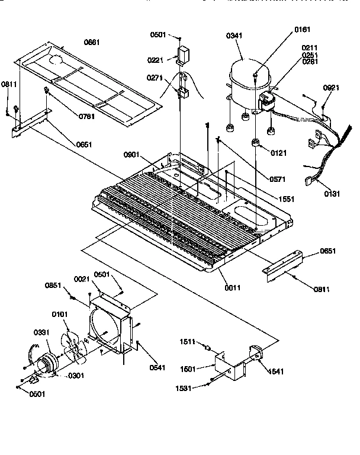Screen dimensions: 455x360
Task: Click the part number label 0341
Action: tap(234, 37)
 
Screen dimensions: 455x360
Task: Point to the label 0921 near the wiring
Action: tap(332, 88)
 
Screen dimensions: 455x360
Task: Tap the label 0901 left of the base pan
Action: tap(132, 155)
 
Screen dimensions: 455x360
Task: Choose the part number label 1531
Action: tap(188, 388)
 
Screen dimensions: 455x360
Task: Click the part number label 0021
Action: tap(82, 278)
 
